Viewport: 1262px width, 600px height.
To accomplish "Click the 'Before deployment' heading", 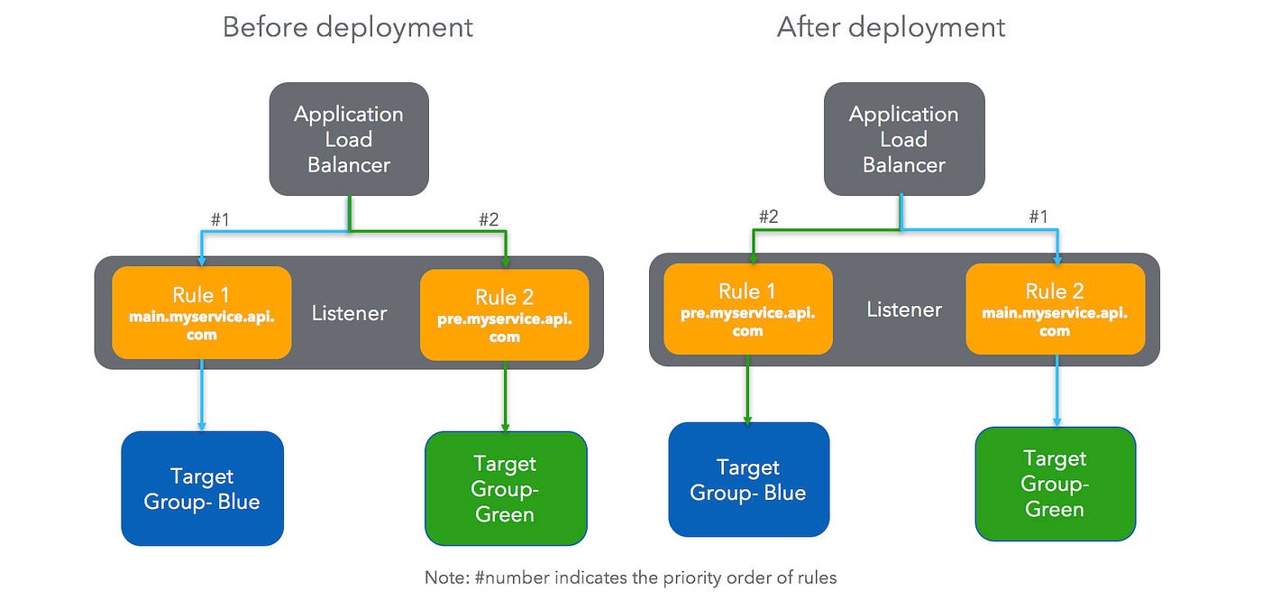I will [x=347, y=27].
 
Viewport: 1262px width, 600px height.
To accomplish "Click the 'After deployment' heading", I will [x=891, y=27].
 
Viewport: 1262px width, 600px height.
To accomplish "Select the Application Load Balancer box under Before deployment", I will [x=349, y=139].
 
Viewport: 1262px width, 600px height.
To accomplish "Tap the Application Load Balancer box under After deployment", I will [x=904, y=139].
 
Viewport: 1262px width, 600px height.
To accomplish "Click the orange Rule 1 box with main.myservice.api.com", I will [x=202, y=312].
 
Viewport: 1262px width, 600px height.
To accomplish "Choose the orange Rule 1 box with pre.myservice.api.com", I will [x=747, y=309].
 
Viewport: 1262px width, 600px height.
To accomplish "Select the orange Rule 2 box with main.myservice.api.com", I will [x=1055, y=309].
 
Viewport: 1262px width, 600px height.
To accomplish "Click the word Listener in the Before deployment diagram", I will [x=349, y=313].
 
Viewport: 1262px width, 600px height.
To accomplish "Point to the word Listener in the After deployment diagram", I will [x=904, y=309].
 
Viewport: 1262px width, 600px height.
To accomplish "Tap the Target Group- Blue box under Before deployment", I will [x=202, y=488].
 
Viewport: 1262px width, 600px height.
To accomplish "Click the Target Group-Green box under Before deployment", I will [x=506, y=488].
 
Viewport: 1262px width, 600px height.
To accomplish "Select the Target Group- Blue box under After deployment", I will [x=748, y=479].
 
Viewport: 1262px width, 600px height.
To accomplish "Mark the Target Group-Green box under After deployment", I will [x=1055, y=484].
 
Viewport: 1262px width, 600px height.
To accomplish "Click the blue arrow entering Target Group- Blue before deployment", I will [x=202, y=397].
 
